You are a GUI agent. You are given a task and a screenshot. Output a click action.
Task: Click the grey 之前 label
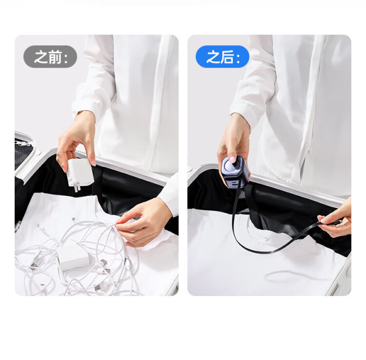[50, 57]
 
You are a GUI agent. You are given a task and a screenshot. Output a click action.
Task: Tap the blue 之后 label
[223, 57]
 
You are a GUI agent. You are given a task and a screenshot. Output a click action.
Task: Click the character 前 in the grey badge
[56, 57]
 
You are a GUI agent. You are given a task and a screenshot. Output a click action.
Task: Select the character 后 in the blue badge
[227, 57]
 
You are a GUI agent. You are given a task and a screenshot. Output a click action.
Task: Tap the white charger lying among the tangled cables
[74, 258]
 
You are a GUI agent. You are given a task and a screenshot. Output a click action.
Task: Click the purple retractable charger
[234, 173]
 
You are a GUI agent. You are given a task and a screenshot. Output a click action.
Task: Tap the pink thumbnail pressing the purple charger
[232, 159]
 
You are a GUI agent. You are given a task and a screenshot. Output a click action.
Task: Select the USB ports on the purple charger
[235, 183]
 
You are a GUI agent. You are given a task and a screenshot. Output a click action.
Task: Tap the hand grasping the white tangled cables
[142, 221]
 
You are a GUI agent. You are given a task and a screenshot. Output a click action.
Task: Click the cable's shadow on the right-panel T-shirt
[294, 275]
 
